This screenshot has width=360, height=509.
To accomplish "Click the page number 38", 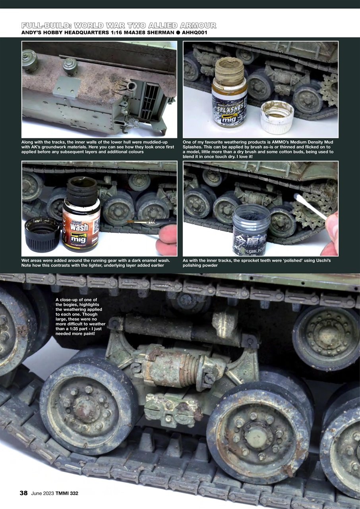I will pos(23,493).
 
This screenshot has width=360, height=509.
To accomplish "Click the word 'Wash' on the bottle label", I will pos(79,227).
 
